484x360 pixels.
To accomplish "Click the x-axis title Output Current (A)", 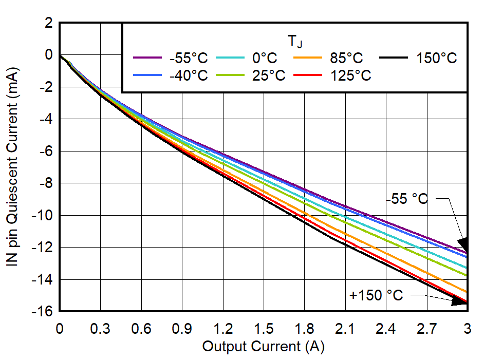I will click(x=263, y=347).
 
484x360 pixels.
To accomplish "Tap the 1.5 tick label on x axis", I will click(x=264, y=328).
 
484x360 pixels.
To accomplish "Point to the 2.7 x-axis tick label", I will click(x=426, y=328).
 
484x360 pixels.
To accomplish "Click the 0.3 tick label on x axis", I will click(x=101, y=328).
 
